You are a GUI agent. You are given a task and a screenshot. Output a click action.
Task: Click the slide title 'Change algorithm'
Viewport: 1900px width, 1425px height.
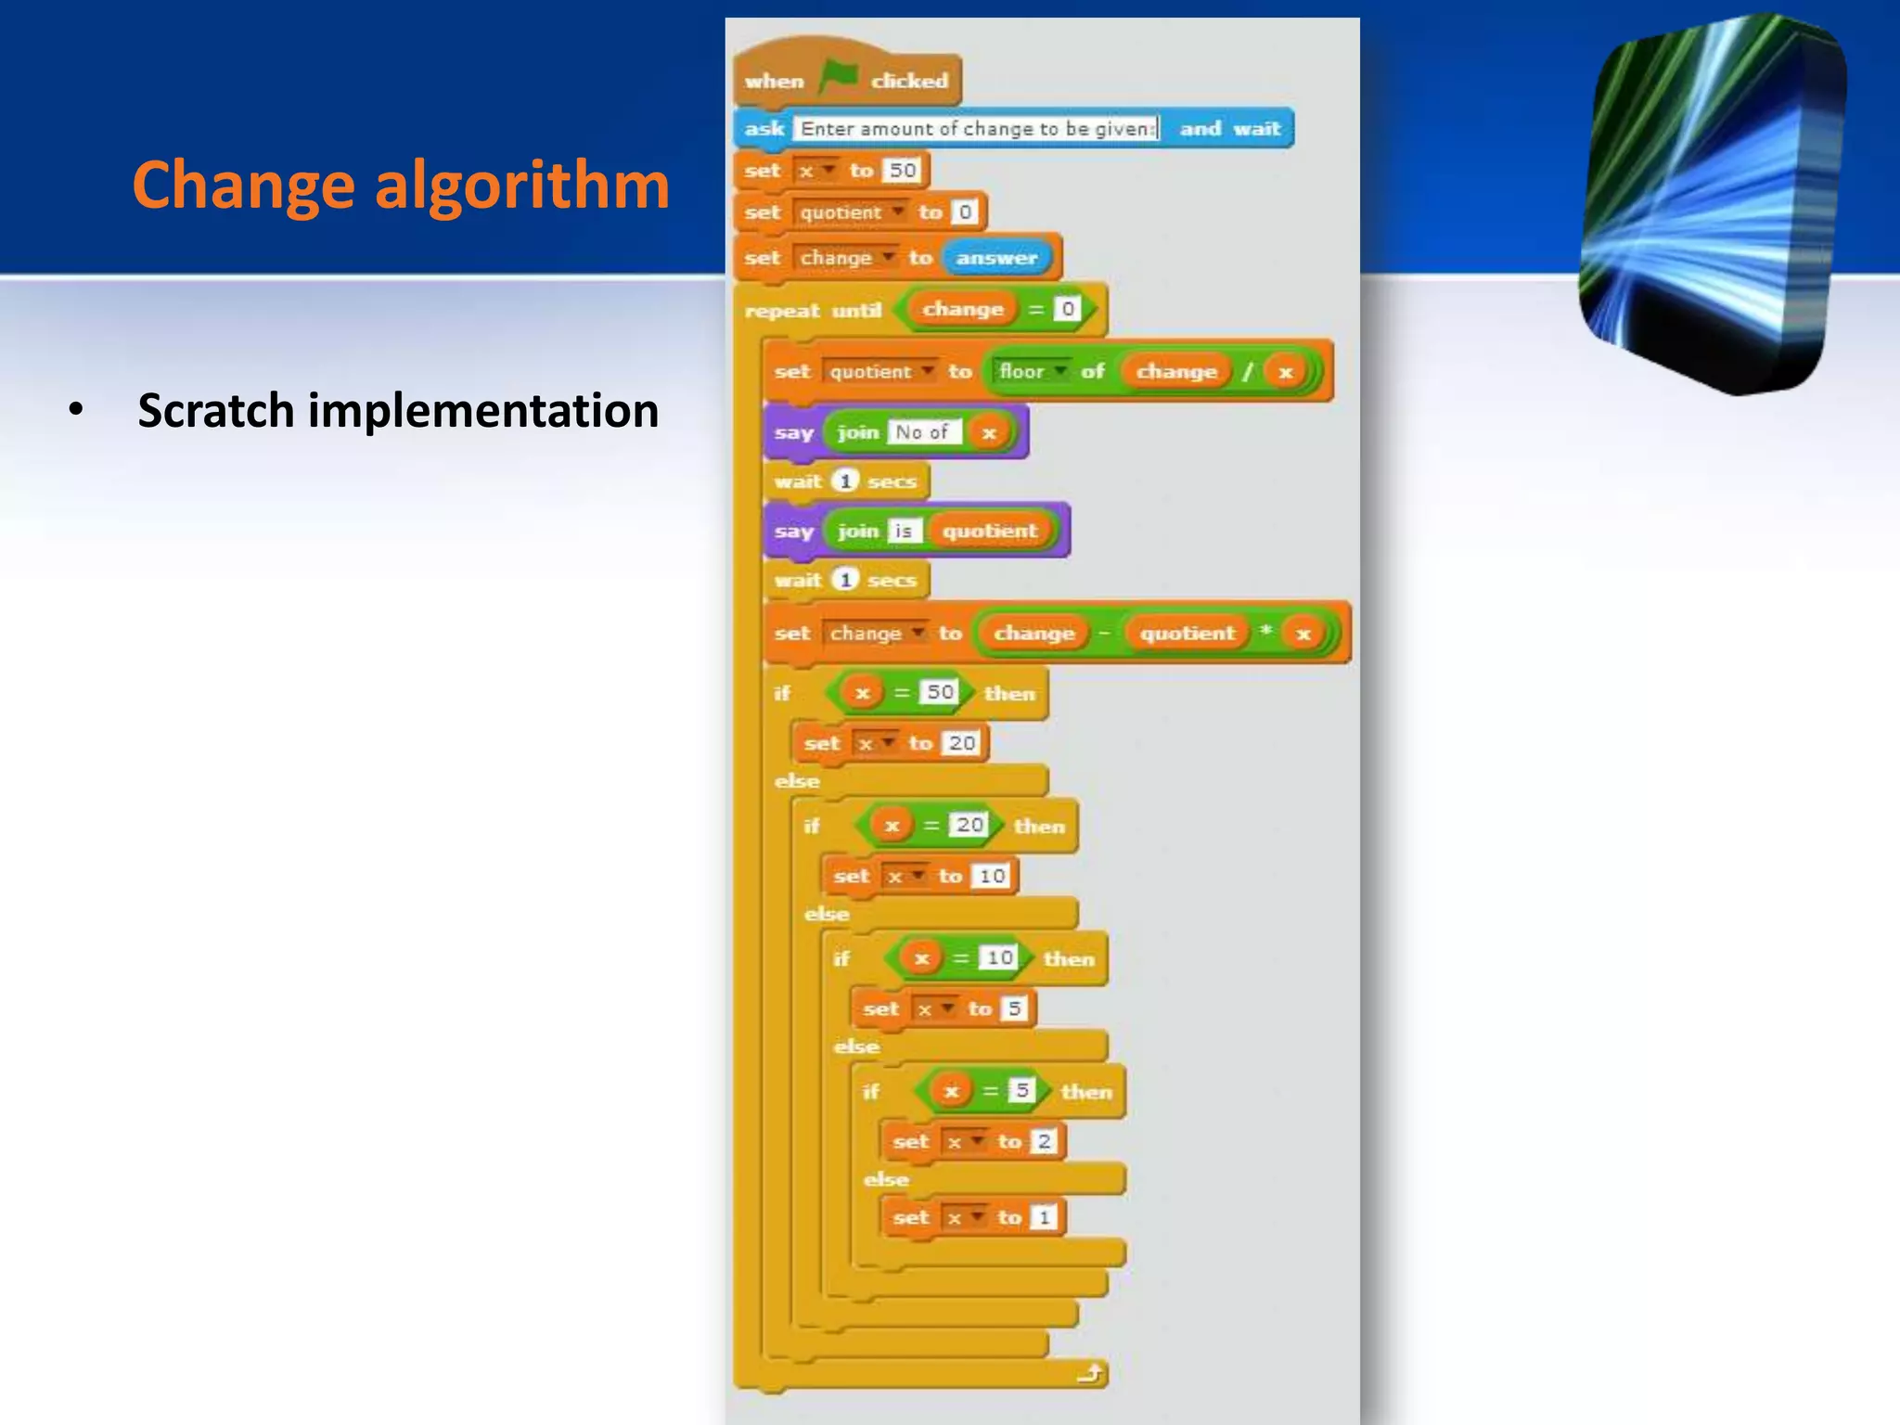[x=401, y=185]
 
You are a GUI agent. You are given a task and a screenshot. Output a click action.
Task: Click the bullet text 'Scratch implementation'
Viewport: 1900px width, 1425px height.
[x=398, y=410]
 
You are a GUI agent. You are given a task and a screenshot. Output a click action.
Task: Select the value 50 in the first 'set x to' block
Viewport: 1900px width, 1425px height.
[x=903, y=170]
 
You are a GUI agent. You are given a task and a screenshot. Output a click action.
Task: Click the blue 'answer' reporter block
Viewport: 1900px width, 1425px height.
[x=996, y=258]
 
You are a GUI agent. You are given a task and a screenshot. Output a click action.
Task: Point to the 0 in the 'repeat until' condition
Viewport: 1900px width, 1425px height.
[x=1068, y=309]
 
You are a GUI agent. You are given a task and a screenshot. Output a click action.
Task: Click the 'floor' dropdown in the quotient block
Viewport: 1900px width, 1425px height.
[x=1031, y=371]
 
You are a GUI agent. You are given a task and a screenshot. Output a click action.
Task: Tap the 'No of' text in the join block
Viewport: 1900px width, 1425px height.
[x=922, y=432]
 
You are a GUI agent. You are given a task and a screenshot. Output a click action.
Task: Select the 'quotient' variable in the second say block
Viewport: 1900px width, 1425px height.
[x=990, y=531]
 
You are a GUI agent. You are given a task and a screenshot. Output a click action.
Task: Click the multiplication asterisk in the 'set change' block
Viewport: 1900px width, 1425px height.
[x=1265, y=632]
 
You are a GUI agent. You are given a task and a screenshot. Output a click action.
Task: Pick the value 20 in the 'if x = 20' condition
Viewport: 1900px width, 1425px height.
[x=969, y=825]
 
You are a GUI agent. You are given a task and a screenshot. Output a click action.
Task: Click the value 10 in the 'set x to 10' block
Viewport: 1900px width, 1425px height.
[x=992, y=876]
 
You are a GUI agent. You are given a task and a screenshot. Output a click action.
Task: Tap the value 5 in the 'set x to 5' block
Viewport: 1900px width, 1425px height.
[x=1015, y=1008]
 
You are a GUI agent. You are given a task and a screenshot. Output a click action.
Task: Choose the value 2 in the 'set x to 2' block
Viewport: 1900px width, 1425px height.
[x=1045, y=1141]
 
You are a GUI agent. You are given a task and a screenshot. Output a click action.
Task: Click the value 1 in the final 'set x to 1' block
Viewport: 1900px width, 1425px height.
[x=1045, y=1217]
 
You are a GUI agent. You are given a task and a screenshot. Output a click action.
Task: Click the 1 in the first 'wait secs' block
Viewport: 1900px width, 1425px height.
[x=845, y=481]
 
